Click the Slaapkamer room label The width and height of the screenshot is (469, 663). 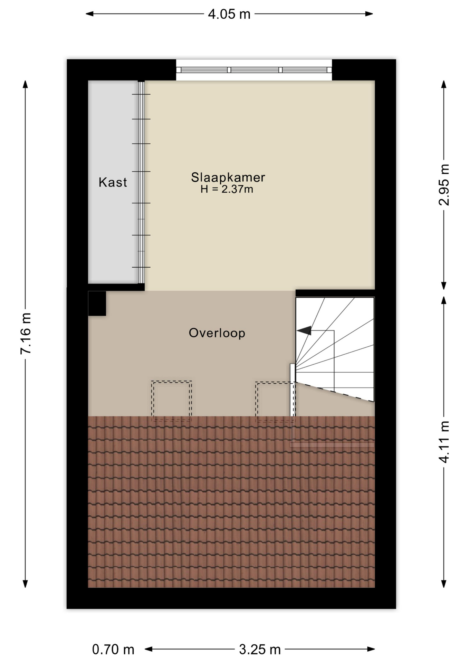(228, 177)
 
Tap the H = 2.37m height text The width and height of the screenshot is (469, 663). (227, 189)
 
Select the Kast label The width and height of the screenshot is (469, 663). (113, 182)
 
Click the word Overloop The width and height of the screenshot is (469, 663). (217, 333)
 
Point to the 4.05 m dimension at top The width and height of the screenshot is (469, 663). (229, 14)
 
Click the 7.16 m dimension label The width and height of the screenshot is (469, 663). (26, 334)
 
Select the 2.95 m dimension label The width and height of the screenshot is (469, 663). (444, 185)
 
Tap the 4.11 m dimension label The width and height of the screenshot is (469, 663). (444, 442)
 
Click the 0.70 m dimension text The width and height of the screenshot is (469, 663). (113, 650)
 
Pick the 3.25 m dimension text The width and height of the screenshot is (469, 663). (260, 650)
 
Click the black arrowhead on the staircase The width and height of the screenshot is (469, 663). (304, 330)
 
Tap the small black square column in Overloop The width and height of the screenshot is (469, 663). (97, 303)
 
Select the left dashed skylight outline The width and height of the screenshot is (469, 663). (172, 401)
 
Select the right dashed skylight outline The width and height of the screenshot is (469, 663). (275, 401)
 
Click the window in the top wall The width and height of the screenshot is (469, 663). (254, 70)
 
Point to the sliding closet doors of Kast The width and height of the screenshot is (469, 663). (141, 182)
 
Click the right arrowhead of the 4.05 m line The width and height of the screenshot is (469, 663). (370, 14)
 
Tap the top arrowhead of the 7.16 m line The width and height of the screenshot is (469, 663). (25, 84)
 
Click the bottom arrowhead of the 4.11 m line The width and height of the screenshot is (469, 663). (444, 584)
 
